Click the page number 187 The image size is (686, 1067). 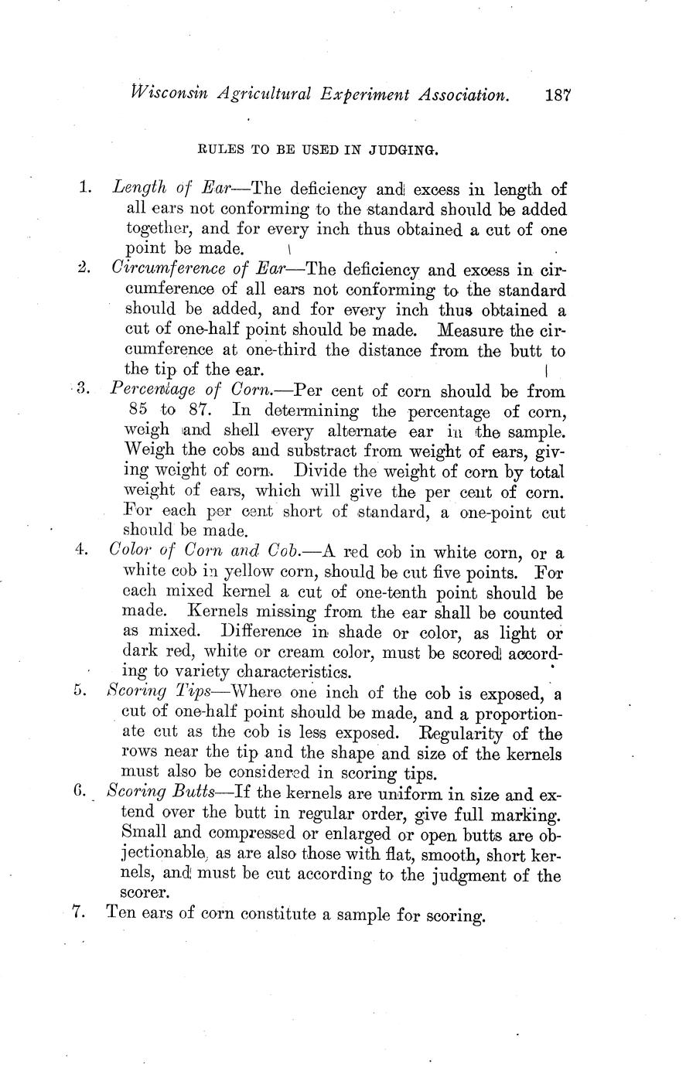coord(557,95)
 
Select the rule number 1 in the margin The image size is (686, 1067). coord(85,187)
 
